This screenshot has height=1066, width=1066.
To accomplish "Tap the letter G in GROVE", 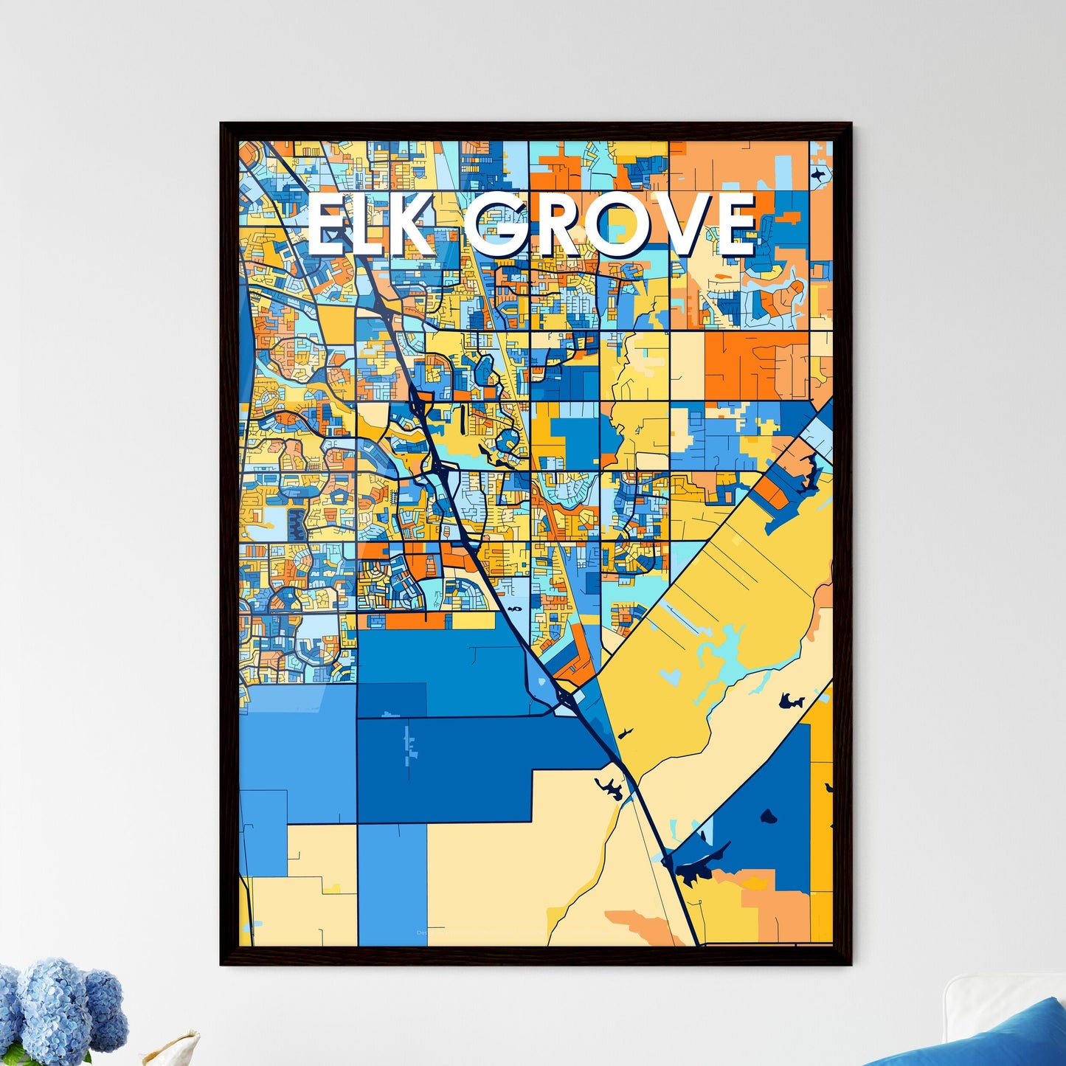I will coord(500,226).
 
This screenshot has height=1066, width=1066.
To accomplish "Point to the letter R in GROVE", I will coord(561,226).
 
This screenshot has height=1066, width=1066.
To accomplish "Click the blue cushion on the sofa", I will coord(989,1036).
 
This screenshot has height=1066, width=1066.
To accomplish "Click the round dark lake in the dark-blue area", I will coord(769,817).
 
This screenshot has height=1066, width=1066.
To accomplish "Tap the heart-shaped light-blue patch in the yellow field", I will coord(671,675).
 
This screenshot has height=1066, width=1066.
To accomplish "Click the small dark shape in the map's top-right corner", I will coord(819,173).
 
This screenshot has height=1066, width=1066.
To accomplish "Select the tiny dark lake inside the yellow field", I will coord(626,733).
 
